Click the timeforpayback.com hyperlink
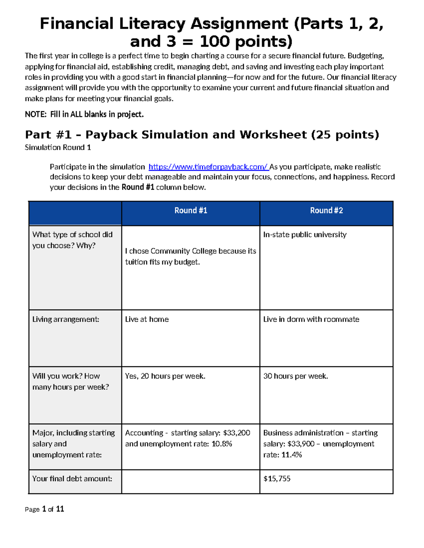click(x=208, y=167)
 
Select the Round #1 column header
click(x=191, y=211)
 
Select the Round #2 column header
click(x=326, y=211)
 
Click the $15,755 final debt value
click(x=277, y=479)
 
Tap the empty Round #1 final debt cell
click(x=191, y=482)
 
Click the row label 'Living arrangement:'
click(x=66, y=319)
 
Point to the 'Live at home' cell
click(x=147, y=319)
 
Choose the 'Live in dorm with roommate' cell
click(x=311, y=319)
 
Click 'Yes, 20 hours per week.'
click(x=165, y=376)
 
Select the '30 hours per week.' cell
click(x=295, y=376)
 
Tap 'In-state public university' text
click(x=305, y=235)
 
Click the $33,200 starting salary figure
click(x=237, y=433)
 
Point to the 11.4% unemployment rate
click(x=291, y=455)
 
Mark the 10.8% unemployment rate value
click(x=222, y=444)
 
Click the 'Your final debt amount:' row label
click(x=72, y=479)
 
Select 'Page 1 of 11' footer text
click(x=45, y=509)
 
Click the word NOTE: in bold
click(x=36, y=114)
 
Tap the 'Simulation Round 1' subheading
click(x=58, y=147)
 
